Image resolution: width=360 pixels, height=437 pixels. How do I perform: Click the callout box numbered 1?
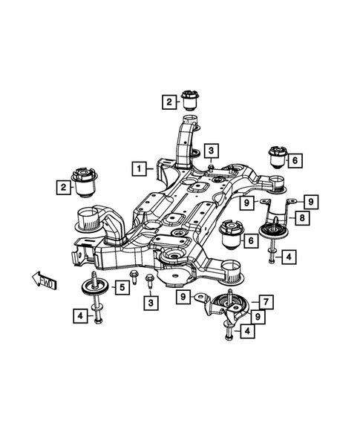[138, 168]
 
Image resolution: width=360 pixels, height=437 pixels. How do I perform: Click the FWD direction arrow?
[44, 280]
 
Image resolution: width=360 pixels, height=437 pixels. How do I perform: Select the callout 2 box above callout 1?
[170, 101]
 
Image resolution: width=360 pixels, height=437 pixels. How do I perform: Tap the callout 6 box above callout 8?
[295, 160]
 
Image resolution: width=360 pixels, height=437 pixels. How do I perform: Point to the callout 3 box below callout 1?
[151, 303]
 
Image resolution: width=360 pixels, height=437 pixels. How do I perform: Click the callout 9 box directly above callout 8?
[311, 201]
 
